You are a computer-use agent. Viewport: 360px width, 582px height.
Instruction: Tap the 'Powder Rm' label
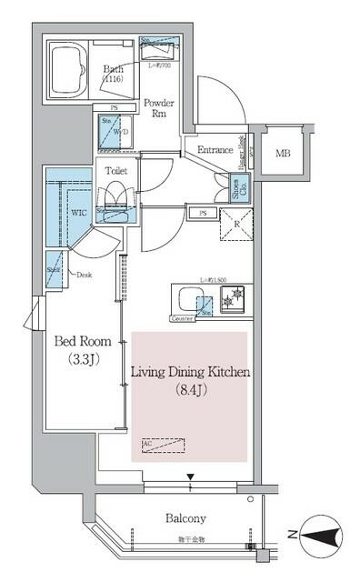click(x=159, y=109)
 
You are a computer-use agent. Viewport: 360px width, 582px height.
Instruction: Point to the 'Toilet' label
click(x=115, y=171)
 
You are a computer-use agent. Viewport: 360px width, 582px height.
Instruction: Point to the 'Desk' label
click(x=84, y=274)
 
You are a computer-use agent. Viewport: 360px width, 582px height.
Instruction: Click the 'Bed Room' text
click(x=83, y=342)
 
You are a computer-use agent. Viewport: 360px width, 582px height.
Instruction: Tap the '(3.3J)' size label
click(x=83, y=359)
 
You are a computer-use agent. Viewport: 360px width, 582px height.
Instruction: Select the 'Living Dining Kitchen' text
click(x=190, y=373)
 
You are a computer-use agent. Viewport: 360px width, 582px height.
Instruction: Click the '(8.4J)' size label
click(x=190, y=391)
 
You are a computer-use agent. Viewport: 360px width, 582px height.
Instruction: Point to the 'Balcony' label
click(x=186, y=518)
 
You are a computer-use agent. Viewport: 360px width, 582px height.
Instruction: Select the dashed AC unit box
click(x=163, y=446)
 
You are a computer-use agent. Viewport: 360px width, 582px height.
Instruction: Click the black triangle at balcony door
click(x=190, y=477)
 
